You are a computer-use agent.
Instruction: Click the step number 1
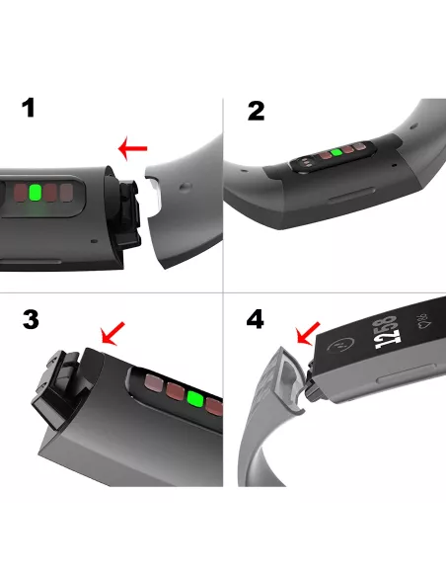[29, 108]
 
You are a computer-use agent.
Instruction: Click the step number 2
[257, 111]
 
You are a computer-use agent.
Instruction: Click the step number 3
[31, 319]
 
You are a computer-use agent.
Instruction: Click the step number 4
[255, 319]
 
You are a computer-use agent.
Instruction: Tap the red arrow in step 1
[132, 148]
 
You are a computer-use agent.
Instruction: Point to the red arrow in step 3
[113, 334]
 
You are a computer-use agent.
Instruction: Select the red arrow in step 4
[308, 334]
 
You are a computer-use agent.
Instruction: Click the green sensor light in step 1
[35, 193]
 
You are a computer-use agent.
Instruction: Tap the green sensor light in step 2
[335, 153]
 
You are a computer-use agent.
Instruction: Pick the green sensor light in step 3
[195, 399]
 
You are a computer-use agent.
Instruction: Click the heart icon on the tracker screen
[421, 321]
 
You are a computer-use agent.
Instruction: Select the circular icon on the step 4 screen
[340, 346]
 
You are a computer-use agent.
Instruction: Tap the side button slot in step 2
[351, 195]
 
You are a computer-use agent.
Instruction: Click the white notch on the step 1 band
[154, 194]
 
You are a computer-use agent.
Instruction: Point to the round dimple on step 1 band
[186, 186]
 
